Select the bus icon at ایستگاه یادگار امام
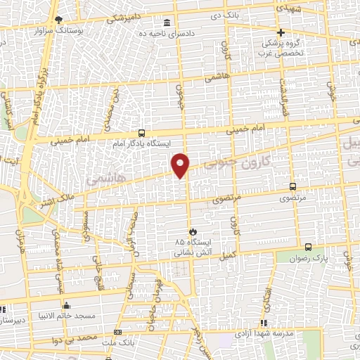(x=141, y=133)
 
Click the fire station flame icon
(x=193, y=231)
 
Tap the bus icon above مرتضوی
(x=293, y=187)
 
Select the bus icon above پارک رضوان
(x=310, y=247)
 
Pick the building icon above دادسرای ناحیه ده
(x=167, y=22)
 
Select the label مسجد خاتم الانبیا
(x=67, y=316)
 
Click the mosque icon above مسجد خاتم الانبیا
(x=67, y=306)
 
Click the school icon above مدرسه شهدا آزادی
(x=264, y=323)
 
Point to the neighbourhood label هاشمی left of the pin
(x=102, y=181)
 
